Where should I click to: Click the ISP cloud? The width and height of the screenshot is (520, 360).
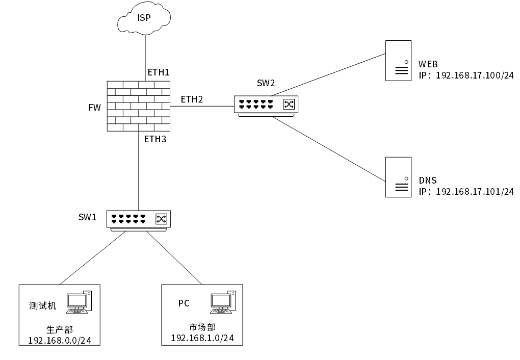tap(144, 19)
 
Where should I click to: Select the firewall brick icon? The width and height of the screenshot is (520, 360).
tap(139, 106)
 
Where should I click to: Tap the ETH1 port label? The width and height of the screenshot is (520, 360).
tap(158, 72)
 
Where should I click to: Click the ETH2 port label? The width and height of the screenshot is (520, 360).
tap(192, 99)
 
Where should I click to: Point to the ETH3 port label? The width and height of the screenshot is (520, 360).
tap(155, 139)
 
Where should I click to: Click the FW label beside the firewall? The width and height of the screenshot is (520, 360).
tap(94, 108)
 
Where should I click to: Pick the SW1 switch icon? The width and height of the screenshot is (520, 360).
tap(139, 219)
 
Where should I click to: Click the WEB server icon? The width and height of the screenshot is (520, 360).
tap(398, 61)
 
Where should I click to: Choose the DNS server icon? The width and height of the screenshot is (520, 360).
tap(398, 177)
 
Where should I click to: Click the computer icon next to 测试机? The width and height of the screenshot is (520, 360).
tap(80, 302)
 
